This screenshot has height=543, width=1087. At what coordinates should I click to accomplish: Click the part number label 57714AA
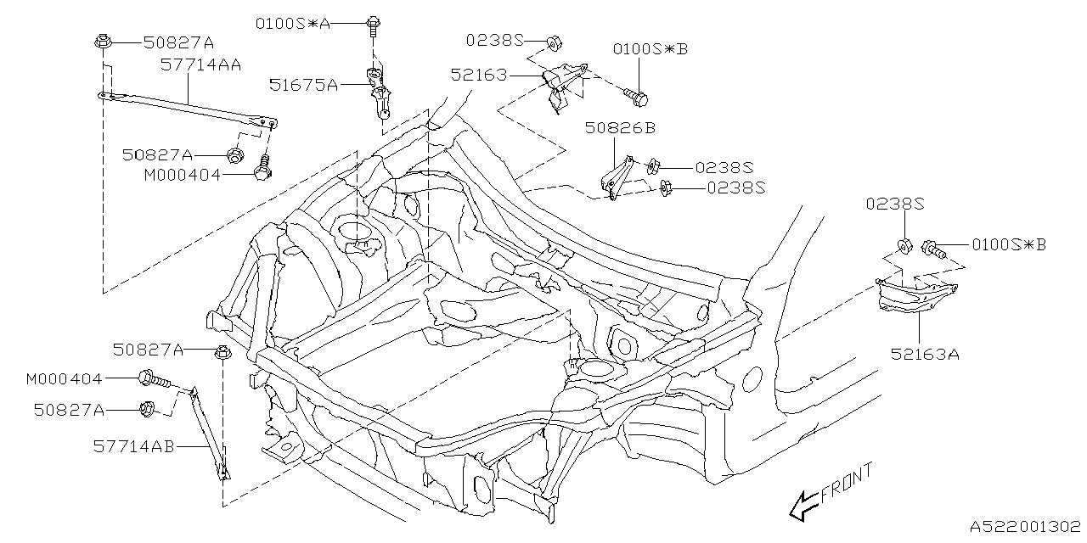click(200, 63)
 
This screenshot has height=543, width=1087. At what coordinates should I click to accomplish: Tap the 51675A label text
click(304, 85)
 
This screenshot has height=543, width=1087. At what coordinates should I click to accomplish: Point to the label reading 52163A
click(925, 354)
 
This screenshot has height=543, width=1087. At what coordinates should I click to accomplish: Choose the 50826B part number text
click(620, 128)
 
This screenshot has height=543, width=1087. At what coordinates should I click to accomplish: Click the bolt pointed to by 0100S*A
click(374, 25)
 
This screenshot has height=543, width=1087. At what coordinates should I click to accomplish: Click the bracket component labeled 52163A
click(914, 298)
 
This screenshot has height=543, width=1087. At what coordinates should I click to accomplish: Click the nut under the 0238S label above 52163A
click(905, 248)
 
